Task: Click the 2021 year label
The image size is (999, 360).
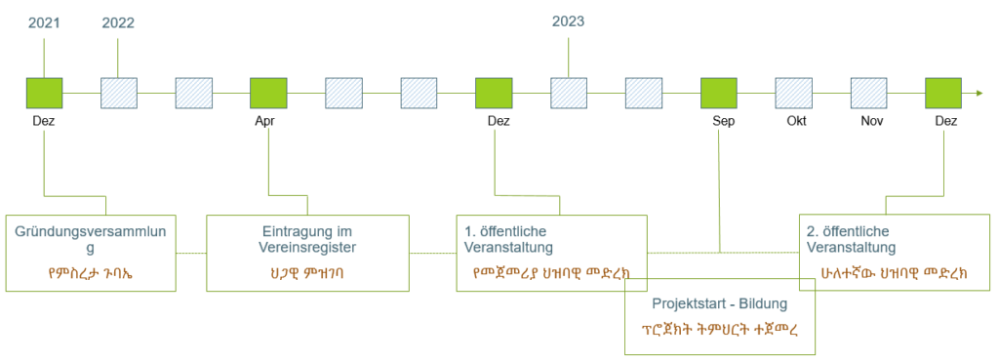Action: pyautogui.click(x=44, y=23)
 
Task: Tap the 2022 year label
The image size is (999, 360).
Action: pyautogui.click(x=118, y=23)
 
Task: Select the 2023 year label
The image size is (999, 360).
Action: pyautogui.click(x=569, y=22)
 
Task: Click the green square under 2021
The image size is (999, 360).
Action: pyautogui.click(x=45, y=94)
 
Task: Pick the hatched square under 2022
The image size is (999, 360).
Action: pyautogui.click(x=119, y=94)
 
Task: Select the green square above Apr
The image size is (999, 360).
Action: pyautogui.click(x=268, y=94)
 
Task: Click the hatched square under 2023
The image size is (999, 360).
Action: pyautogui.click(x=569, y=94)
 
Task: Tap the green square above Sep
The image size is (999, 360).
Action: pyautogui.click(x=719, y=94)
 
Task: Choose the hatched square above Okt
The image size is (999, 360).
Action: pyautogui.click(x=794, y=94)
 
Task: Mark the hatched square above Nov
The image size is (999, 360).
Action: pyautogui.click(x=869, y=94)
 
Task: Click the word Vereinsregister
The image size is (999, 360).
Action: pyautogui.click(x=307, y=247)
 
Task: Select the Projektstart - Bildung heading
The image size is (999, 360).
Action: pyautogui.click(x=720, y=304)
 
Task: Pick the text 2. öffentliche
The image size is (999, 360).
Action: pyautogui.click(x=850, y=230)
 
